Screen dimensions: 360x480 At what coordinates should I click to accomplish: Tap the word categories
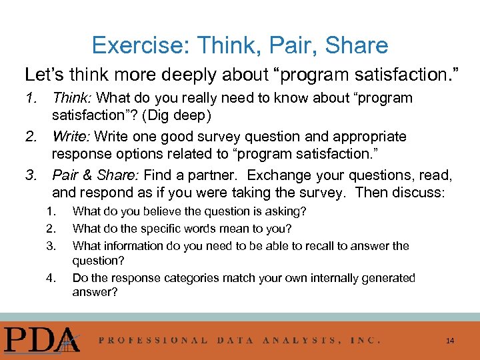click(204, 278)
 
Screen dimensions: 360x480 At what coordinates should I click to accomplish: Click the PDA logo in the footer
click(41, 338)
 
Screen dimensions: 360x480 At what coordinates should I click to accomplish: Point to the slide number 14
click(450, 341)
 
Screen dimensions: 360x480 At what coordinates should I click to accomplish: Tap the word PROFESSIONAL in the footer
click(153, 340)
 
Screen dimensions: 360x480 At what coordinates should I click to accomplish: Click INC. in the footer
click(365, 340)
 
